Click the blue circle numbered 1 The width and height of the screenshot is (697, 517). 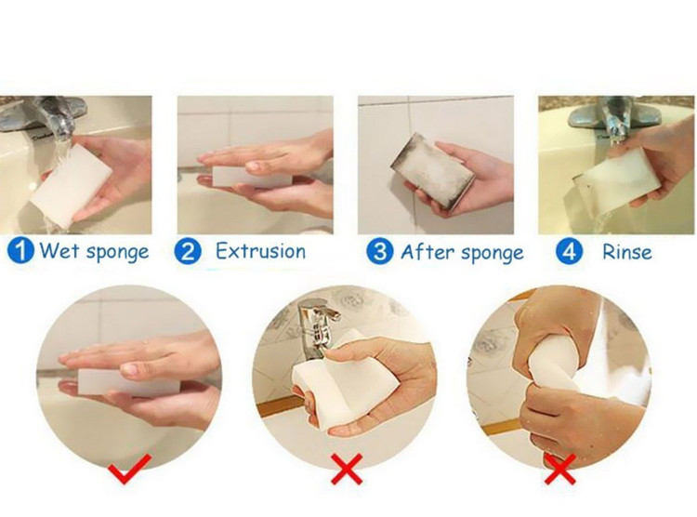tap(20, 250)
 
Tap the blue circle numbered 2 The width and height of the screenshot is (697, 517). tap(188, 251)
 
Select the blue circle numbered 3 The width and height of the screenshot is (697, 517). tap(379, 251)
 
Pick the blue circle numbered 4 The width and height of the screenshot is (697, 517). tap(569, 251)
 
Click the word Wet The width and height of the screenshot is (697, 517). tap(59, 250)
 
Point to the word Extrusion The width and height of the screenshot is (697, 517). tap(261, 251)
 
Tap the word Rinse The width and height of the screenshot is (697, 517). tap(626, 252)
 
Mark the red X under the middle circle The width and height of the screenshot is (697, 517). tap(347, 469)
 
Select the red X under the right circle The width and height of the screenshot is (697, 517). tap(560, 469)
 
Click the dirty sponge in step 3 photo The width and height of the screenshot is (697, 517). tap(432, 170)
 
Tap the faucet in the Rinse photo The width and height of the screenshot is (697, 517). tap(615, 118)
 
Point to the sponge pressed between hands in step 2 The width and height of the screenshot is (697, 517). tap(252, 177)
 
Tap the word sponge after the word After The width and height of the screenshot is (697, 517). tap(493, 254)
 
